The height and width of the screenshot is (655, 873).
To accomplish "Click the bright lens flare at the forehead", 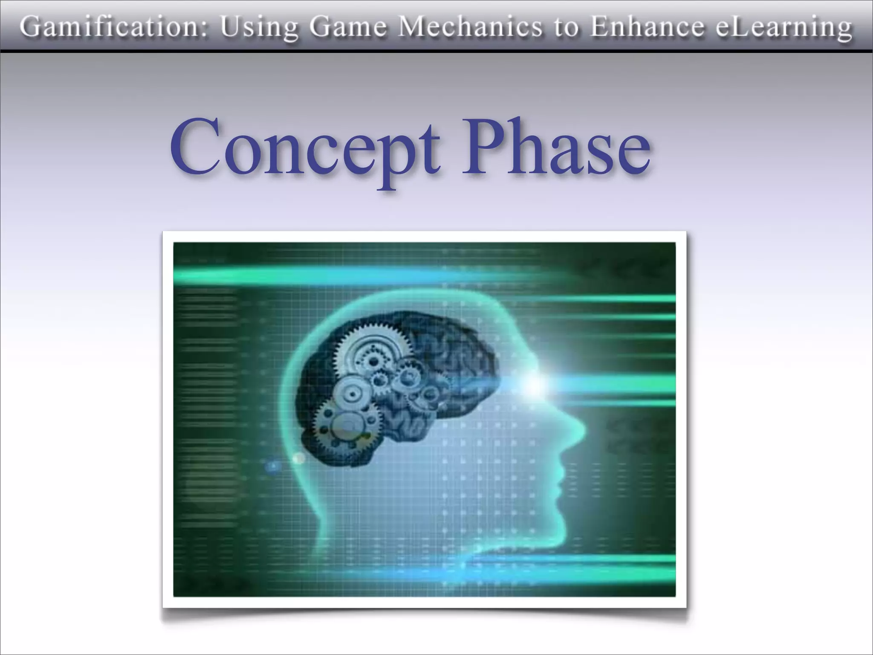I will [533, 384].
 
